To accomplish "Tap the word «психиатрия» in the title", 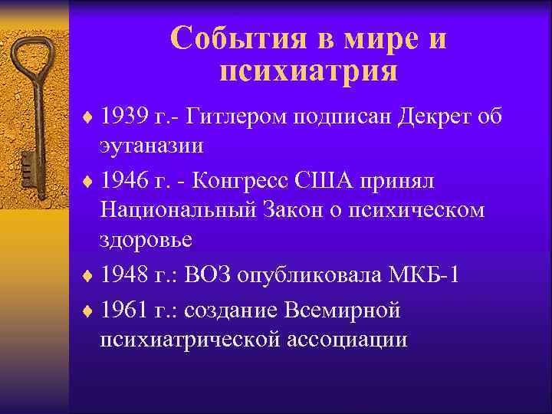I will click(x=308, y=72).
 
